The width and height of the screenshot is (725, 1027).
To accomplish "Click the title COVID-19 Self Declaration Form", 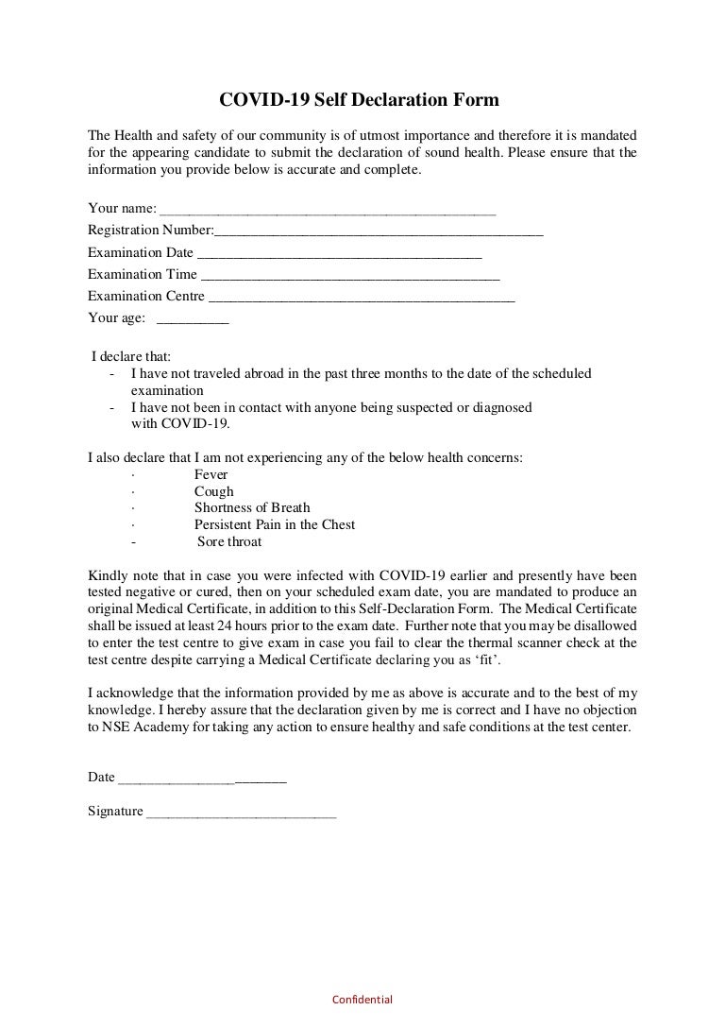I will click(x=359, y=99).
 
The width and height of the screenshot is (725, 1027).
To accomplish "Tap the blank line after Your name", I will click(x=328, y=209).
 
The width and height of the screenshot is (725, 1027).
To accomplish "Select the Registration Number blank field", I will click(x=379, y=231).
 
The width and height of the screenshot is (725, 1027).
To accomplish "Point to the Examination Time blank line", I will click(x=350, y=275).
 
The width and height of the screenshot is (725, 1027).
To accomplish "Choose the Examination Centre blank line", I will click(x=362, y=297).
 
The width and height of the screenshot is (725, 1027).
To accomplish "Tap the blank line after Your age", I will click(x=198, y=319).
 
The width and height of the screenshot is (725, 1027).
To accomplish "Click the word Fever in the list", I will click(x=211, y=474).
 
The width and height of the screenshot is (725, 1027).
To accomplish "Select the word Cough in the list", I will click(x=213, y=491).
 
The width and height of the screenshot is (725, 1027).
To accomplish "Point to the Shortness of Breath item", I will click(x=252, y=508).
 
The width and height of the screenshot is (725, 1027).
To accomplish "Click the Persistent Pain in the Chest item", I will click(x=275, y=524).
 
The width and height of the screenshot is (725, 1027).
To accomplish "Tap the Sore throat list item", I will click(x=229, y=541).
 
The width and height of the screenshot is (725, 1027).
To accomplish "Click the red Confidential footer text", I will click(x=362, y=1000).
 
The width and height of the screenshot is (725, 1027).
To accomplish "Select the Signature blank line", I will click(x=241, y=812).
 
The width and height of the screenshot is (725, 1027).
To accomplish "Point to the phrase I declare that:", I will click(x=131, y=357).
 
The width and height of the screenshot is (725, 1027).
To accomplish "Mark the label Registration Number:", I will click(x=151, y=231).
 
